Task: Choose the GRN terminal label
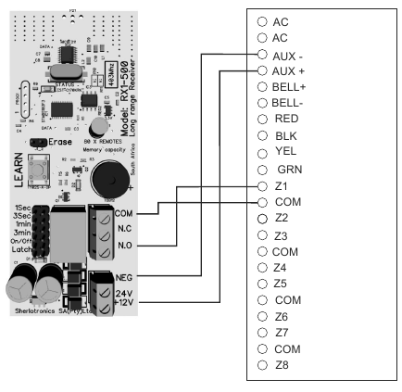pos(287,170)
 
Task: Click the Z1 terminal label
pos(280,186)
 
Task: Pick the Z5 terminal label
pos(281,284)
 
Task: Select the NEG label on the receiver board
pos(126,275)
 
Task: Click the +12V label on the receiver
pos(124,301)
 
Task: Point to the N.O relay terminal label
pos(126,246)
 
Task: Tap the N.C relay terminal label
pos(126,228)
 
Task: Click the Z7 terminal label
pos(281,332)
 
